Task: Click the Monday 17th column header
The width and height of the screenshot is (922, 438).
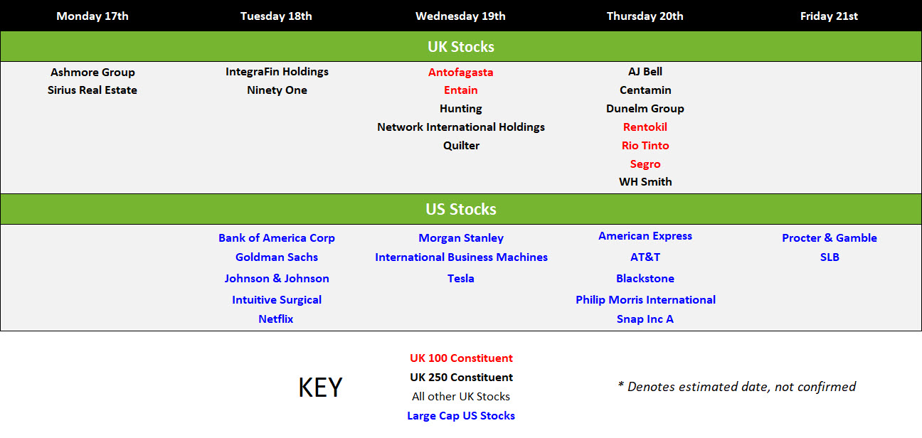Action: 92,16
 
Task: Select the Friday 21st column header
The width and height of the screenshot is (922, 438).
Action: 829,16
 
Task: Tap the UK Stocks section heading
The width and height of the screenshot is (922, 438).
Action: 461,46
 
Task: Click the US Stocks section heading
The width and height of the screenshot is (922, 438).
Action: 461,209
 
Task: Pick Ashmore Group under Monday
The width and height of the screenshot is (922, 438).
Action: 92,73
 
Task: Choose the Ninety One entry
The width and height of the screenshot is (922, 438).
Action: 277,90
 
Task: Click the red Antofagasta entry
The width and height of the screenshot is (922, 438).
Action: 460,73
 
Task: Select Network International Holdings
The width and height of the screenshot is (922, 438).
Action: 461,127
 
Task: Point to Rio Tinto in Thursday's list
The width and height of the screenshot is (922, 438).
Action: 645,146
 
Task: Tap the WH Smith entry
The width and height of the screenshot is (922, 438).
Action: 645,182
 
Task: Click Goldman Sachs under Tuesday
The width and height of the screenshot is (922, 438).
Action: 277,257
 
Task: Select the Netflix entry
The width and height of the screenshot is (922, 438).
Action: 276,319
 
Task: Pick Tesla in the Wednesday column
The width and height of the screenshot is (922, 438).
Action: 460,279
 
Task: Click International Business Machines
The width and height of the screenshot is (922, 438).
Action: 462,257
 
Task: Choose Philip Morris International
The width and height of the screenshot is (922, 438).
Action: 645,300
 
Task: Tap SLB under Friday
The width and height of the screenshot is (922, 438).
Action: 830,257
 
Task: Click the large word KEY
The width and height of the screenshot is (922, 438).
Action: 320,388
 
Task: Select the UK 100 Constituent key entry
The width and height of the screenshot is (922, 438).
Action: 462,358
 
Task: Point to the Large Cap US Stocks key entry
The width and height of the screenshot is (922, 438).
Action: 461,416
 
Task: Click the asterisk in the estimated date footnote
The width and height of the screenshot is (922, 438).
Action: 620,385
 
